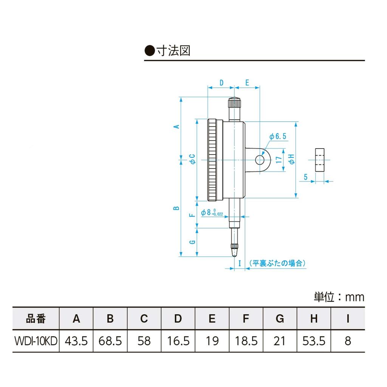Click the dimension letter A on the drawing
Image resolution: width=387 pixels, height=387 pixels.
(176, 127)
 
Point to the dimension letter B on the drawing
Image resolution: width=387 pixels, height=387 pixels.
(176, 208)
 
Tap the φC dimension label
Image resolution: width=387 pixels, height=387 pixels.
(192, 159)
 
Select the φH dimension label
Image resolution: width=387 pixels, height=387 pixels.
(291, 159)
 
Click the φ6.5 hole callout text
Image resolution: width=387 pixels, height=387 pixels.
(278, 136)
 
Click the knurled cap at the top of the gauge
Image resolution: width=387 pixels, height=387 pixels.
(234, 103)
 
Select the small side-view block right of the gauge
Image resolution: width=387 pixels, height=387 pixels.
(320, 160)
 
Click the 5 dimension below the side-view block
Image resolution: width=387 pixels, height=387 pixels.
(305, 176)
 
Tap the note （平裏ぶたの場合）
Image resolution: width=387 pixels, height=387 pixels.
(277, 263)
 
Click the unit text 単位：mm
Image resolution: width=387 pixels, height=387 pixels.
(339, 297)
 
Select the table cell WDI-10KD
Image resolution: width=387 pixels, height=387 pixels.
(36, 341)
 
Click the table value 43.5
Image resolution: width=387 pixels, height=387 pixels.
(76, 341)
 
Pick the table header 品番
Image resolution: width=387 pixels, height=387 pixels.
(36, 319)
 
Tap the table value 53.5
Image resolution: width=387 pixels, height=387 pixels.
(314, 341)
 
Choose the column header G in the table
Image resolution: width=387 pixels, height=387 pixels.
(280, 319)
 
